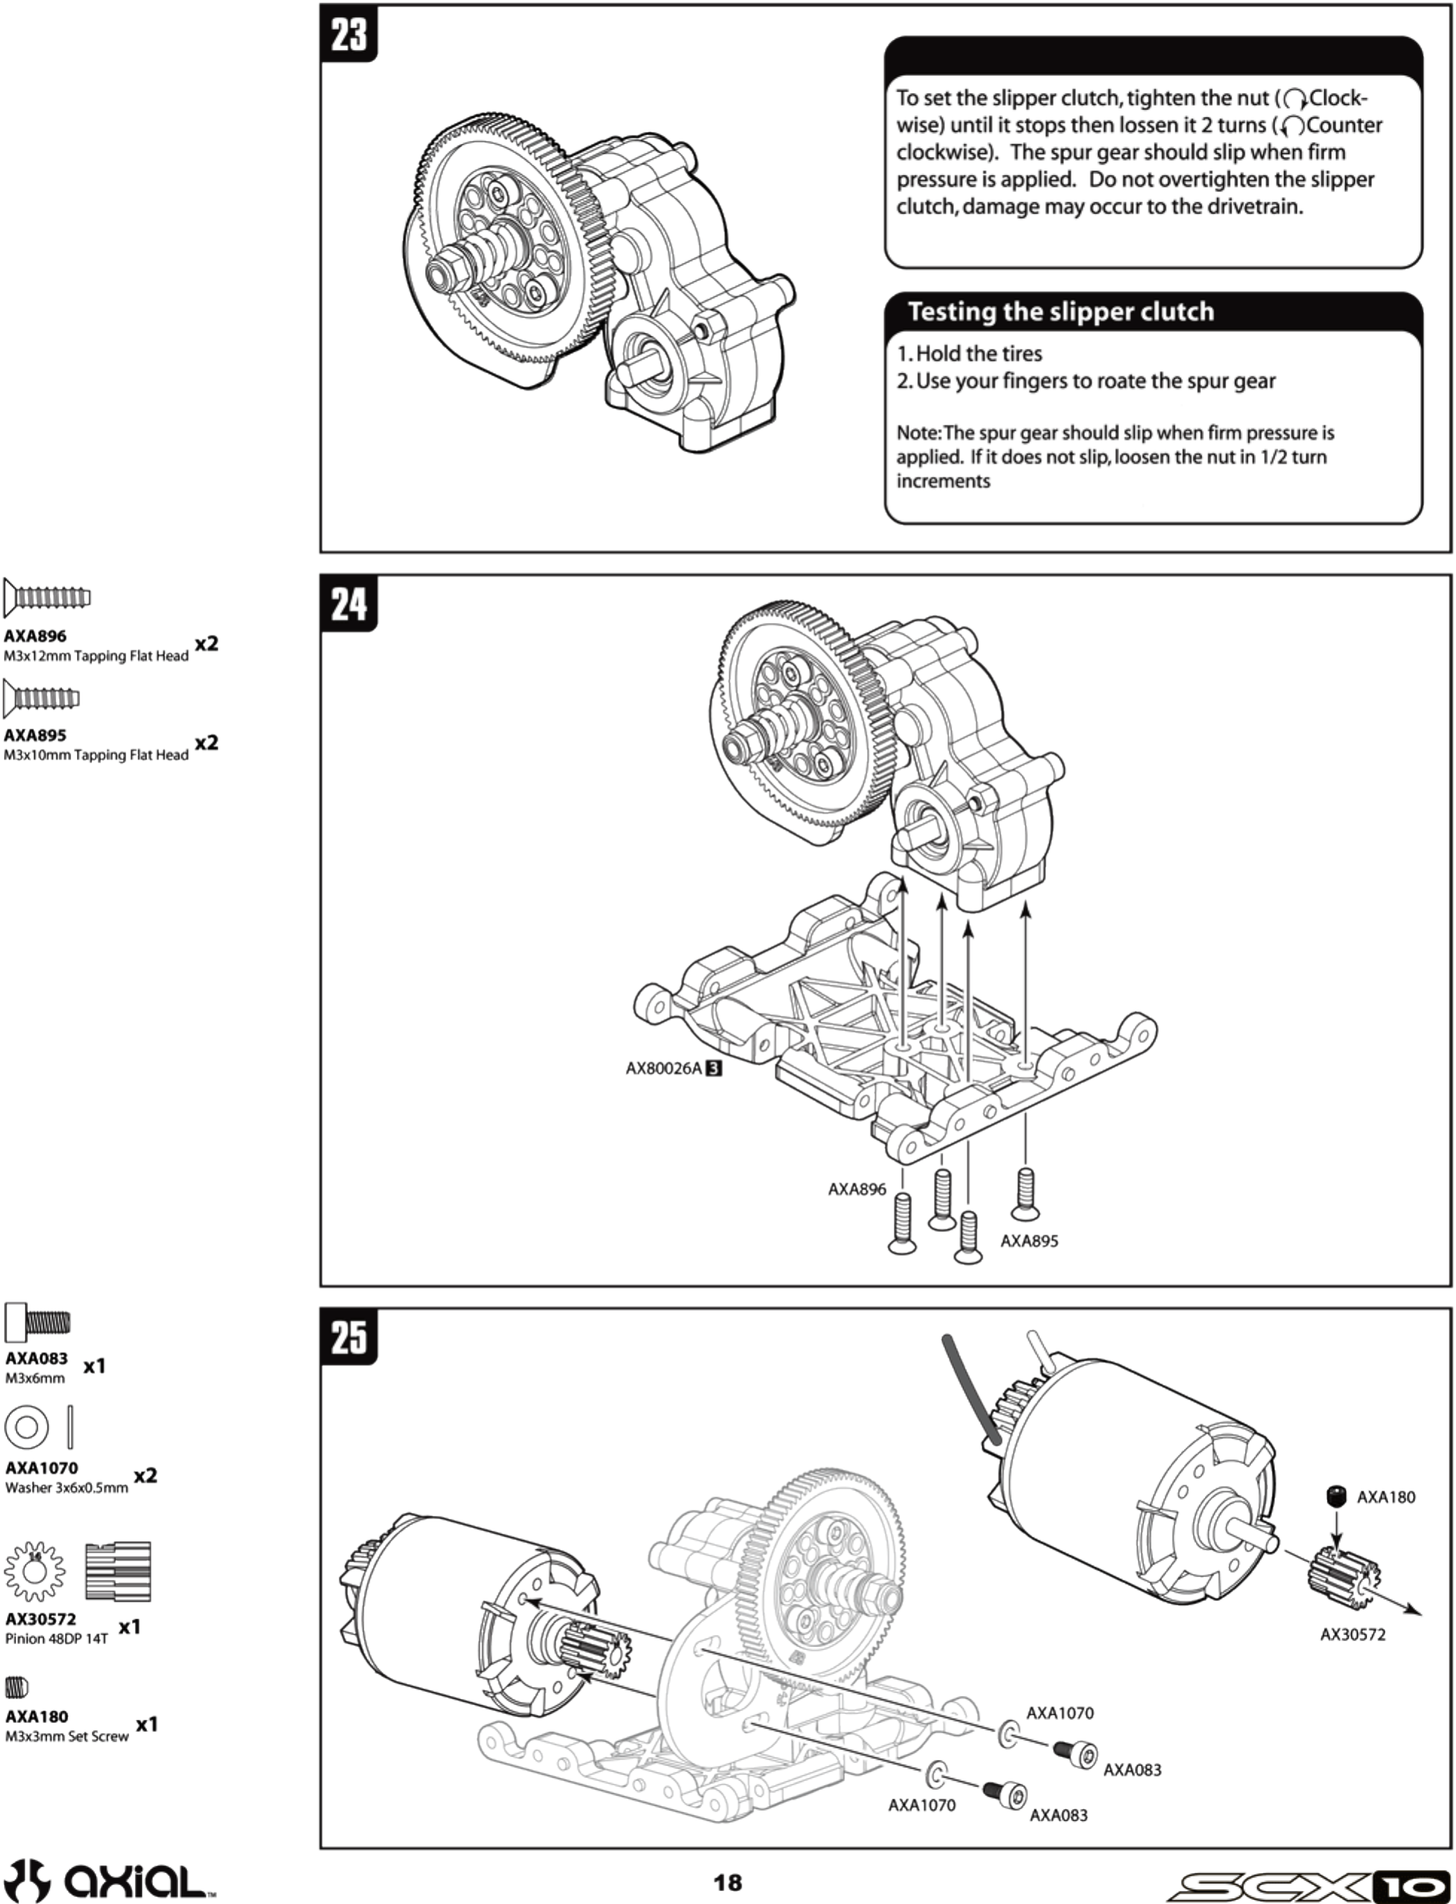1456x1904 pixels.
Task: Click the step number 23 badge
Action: click(349, 35)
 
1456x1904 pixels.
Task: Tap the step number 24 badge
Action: click(349, 603)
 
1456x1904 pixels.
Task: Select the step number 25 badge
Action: click(349, 1337)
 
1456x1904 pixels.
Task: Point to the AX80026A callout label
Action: click(664, 1069)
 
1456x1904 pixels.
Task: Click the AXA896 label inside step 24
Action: click(856, 1189)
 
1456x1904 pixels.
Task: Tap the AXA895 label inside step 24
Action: click(1028, 1241)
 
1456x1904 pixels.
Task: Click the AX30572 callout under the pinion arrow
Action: click(1352, 1635)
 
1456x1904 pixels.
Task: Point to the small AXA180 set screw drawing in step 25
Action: click(1336, 1496)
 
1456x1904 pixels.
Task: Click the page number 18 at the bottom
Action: click(727, 1882)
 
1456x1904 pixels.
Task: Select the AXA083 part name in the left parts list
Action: click(36, 1358)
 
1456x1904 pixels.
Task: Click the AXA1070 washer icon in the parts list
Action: click(26, 1427)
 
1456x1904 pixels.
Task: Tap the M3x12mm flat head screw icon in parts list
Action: click(47, 597)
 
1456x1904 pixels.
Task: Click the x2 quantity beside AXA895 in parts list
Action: click(206, 743)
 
